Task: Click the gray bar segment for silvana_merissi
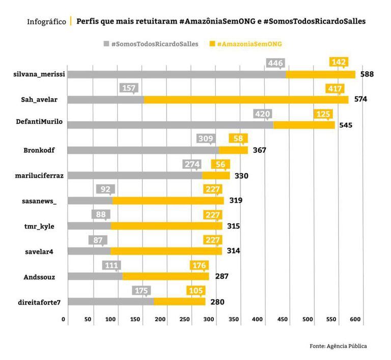(176, 74)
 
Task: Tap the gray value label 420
(262, 114)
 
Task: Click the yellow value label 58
(238, 139)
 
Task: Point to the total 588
(367, 74)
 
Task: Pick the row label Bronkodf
(39, 150)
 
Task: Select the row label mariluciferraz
(40, 176)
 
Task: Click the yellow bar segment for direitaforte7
(179, 301)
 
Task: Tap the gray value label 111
(111, 265)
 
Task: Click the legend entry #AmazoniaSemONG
(245, 44)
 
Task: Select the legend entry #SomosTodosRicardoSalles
(152, 44)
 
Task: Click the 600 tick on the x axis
(355, 319)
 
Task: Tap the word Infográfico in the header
(46, 22)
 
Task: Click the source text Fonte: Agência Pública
(338, 346)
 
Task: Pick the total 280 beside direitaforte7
(217, 302)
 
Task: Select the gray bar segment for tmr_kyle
(89, 226)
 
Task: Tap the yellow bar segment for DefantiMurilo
(304, 125)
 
